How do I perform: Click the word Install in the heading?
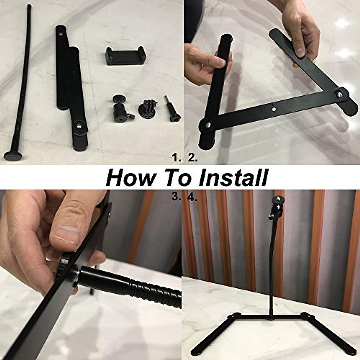(x=233, y=178)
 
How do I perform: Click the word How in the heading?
(x=130, y=178)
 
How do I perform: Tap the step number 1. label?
(x=176, y=157)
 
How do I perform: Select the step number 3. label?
(x=176, y=197)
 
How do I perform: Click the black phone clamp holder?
(x=126, y=55)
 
